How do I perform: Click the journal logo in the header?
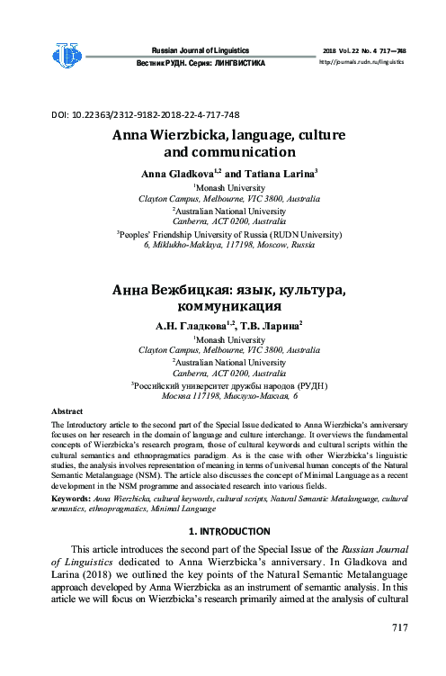click(x=67, y=56)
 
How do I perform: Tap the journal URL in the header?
click(x=362, y=62)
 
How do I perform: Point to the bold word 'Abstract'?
click(x=67, y=410)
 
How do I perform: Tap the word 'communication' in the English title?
click(x=229, y=153)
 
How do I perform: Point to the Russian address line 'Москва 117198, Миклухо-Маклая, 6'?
click(x=229, y=395)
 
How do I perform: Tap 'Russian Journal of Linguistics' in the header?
click(x=200, y=50)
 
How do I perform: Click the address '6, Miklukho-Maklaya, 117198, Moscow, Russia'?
click(x=229, y=245)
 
